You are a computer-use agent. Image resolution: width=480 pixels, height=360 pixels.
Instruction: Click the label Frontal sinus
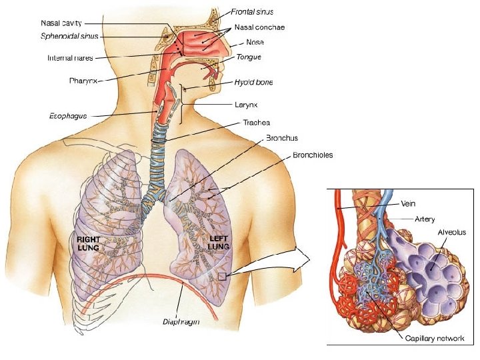click(x=253, y=12)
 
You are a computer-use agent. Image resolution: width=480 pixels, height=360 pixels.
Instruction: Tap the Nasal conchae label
click(x=259, y=28)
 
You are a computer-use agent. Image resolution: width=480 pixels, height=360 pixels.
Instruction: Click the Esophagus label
click(x=68, y=115)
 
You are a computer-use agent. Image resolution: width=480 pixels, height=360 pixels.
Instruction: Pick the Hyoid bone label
click(x=253, y=83)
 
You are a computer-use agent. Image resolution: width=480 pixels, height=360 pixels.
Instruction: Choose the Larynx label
click(x=247, y=105)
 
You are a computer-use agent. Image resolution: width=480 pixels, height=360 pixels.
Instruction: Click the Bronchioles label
click(x=313, y=155)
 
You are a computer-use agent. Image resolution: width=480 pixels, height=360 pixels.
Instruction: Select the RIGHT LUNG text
click(x=89, y=243)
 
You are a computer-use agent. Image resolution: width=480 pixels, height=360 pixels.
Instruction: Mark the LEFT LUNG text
click(x=219, y=243)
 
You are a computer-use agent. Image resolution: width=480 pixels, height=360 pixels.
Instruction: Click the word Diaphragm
click(x=181, y=322)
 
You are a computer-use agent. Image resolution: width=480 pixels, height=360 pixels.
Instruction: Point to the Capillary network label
click(x=435, y=339)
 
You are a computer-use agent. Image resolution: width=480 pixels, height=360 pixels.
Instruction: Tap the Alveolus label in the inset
click(x=451, y=233)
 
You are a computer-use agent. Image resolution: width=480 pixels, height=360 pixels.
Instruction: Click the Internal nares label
click(x=73, y=58)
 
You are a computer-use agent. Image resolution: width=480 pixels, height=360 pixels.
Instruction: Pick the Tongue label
click(x=249, y=57)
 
